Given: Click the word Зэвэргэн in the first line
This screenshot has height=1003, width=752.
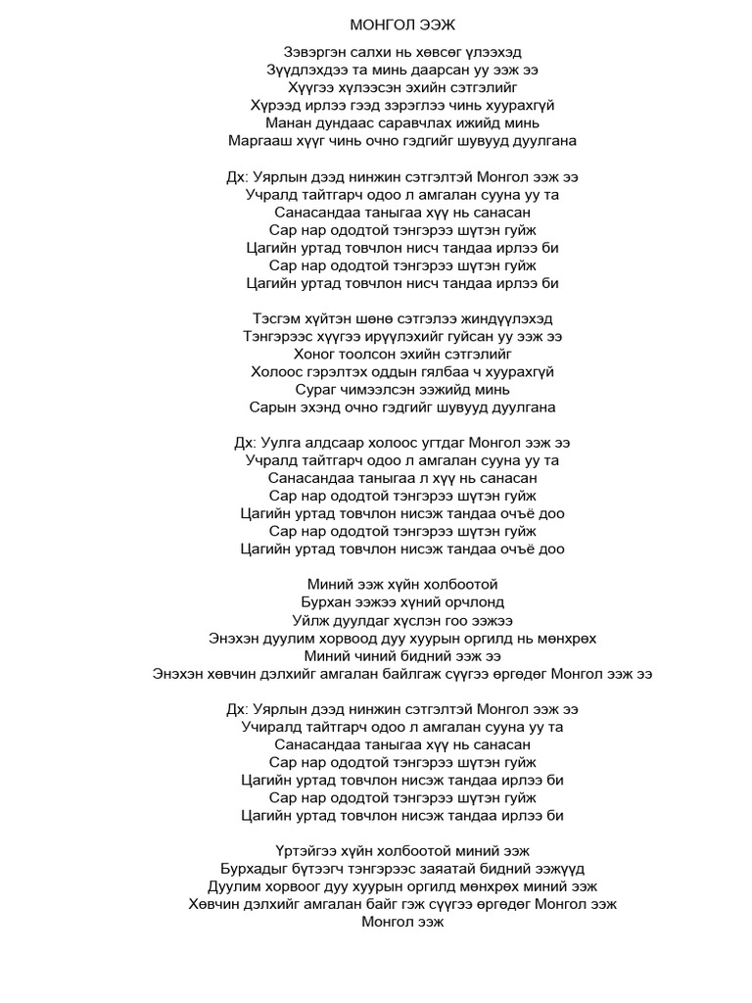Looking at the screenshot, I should coord(313,52).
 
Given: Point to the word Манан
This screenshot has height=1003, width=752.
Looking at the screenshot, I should coord(289,122).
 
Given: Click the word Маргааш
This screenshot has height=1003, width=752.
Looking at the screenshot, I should coord(261,140).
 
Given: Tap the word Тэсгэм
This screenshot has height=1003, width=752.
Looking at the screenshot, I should coord(277,318).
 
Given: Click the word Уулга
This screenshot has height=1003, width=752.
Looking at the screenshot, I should coord(282,443).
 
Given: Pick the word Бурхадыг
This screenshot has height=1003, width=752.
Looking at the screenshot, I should coord(255,869).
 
